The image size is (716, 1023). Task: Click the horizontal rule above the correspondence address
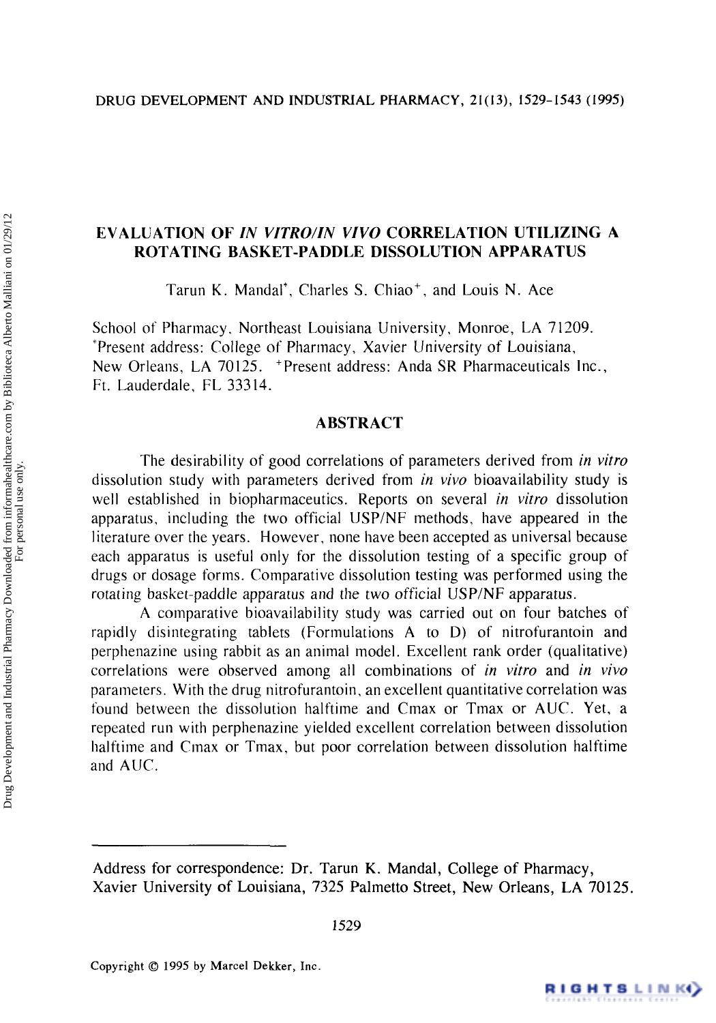pos(188,846)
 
